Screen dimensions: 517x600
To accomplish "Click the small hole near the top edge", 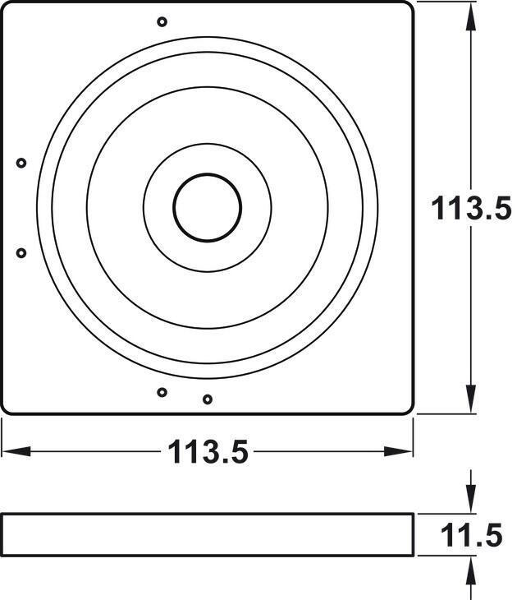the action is click(162, 21).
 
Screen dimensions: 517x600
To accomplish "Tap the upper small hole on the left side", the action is click(21, 163).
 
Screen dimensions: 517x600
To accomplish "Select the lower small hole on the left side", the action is click(21, 253).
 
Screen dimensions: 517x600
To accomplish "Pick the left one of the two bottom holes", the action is click(162, 392).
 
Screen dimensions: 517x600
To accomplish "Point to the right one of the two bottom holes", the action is click(208, 399).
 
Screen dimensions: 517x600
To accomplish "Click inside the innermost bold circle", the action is click(207, 208).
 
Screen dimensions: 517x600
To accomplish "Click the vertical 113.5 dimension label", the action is click(471, 208).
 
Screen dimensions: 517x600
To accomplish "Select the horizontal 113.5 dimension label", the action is click(208, 451).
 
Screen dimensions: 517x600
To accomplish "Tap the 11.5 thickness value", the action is click(471, 536).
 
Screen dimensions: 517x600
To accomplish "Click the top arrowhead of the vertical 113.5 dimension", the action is click(471, 16).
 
